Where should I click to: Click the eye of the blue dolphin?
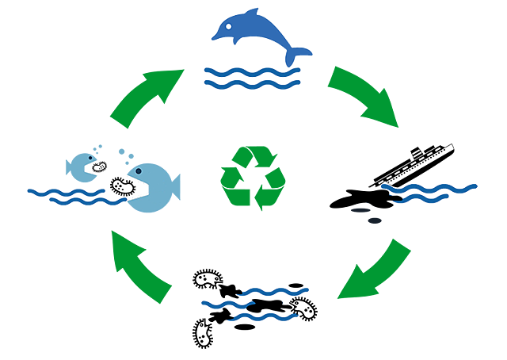227,25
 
